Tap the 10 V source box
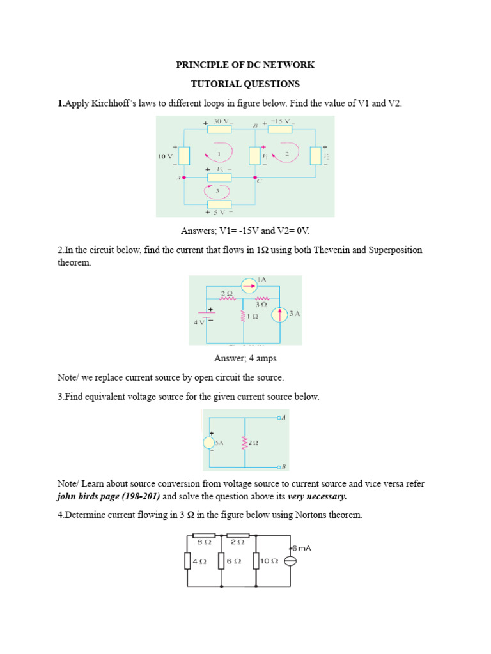tap(184, 156)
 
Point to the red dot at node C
tap(255, 178)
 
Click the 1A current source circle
tap(246, 285)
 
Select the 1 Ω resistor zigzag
tap(243, 316)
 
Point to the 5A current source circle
tap(209, 443)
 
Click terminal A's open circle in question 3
tap(279, 418)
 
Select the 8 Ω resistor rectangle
tap(204, 536)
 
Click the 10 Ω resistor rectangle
tap(255, 561)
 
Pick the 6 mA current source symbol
tap(289, 561)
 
